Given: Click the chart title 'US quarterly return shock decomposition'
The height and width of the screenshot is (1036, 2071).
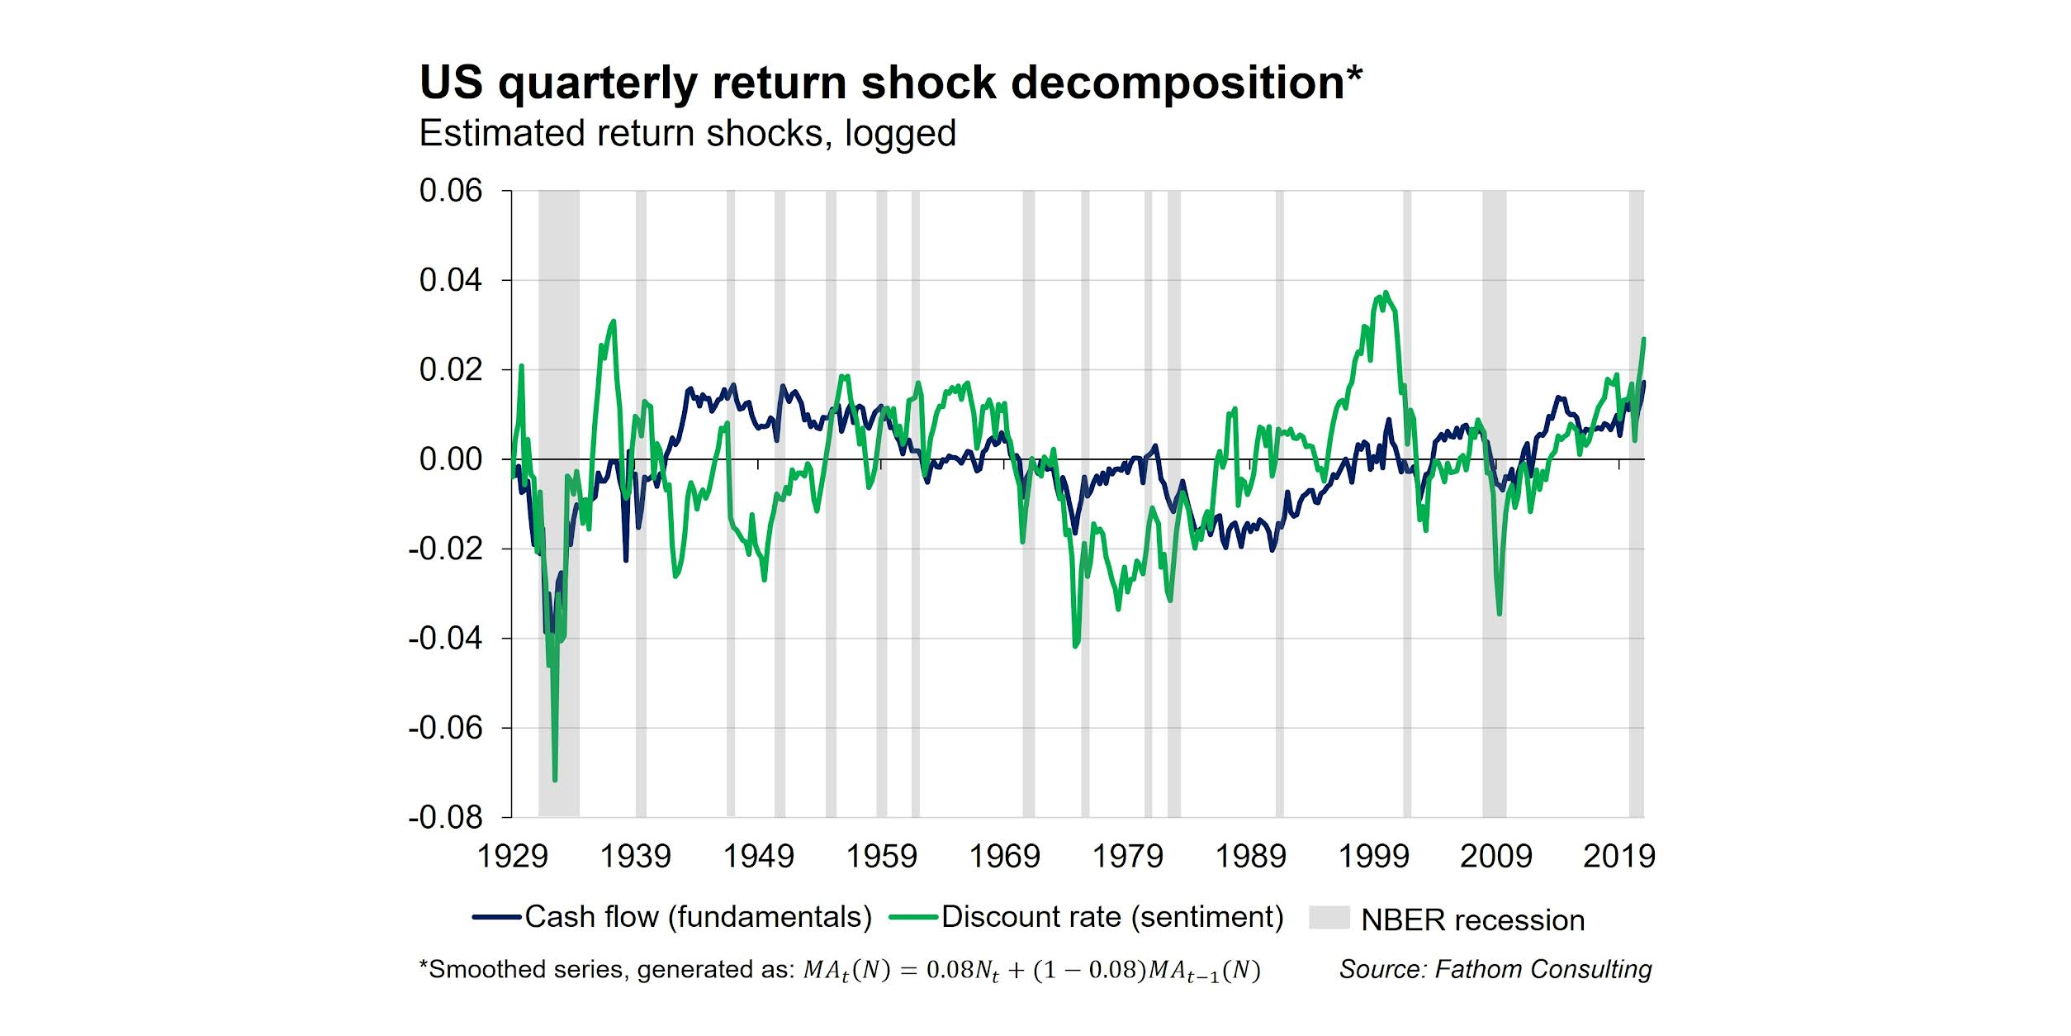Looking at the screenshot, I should (890, 83).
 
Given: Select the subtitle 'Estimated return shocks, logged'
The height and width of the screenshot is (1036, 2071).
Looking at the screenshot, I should (687, 134).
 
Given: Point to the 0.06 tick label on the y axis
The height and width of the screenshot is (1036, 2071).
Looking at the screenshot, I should (450, 191).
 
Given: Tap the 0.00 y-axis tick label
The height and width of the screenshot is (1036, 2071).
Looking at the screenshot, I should (450, 459).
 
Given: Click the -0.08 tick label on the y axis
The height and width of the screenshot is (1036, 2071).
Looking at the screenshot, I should (445, 817).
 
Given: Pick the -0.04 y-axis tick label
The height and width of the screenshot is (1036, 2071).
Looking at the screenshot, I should (445, 638).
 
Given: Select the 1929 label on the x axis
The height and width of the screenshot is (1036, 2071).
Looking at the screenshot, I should (512, 856).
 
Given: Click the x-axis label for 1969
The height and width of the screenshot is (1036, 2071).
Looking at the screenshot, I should (1004, 856).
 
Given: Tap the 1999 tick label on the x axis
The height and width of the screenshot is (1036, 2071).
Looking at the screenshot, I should (1373, 856).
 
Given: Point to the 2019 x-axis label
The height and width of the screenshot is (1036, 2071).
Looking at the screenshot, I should (1618, 856).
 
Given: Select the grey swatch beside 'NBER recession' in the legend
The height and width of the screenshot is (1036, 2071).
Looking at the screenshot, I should (1329, 918).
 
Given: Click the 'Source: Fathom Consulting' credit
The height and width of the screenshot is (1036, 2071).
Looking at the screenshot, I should (1495, 969).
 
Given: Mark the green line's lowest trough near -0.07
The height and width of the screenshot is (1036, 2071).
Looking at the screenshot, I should (555, 779).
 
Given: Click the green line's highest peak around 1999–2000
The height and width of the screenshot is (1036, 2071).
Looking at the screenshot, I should (1385, 292).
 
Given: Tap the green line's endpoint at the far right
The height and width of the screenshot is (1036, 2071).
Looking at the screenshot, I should (1644, 339).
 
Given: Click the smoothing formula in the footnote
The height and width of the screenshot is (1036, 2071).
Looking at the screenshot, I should (1032, 970).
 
